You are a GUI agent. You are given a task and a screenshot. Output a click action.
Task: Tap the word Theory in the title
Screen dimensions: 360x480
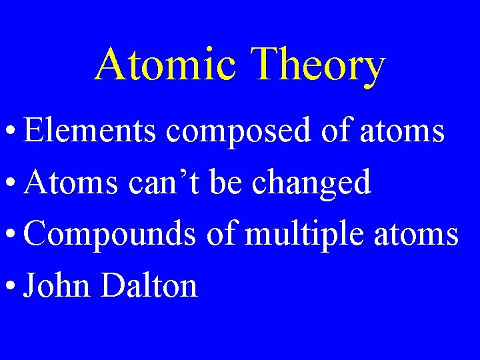[x=319, y=66]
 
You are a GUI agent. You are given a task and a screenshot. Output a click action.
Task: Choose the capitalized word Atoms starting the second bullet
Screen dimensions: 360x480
[x=66, y=183]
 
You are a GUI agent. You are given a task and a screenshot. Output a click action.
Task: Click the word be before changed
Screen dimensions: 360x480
[x=227, y=183]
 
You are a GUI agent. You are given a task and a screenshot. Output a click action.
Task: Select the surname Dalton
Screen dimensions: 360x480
[x=149, y=286]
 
